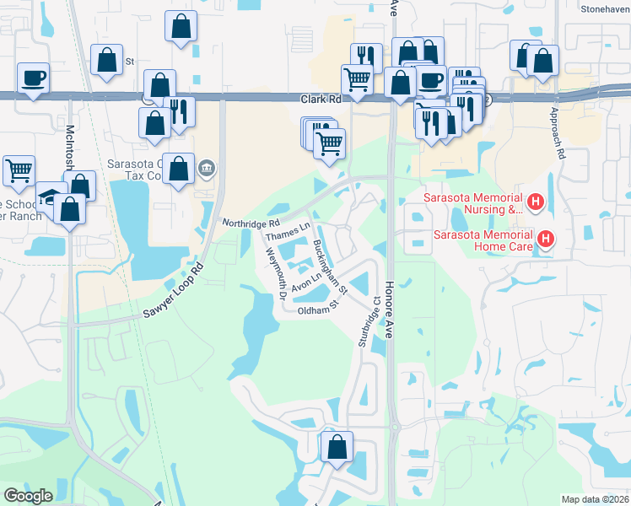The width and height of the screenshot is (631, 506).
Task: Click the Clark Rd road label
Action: tap(321, 100)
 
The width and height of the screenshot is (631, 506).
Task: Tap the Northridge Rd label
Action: tap(251, 223)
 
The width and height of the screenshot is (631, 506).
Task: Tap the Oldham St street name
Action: tap(316, 310)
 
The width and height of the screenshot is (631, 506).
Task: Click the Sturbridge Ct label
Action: tap(364, 322)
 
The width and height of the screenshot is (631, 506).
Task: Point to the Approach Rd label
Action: tap(558, 133)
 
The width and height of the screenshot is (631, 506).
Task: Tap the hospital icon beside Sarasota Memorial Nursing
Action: tap(534, 202)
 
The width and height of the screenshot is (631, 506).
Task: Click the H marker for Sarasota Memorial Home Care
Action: tap(546, 240)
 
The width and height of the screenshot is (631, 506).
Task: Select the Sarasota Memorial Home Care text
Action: tap(483, 240)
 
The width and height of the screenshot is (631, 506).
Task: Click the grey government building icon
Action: tap(207, 170)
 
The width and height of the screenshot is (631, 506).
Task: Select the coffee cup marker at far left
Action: tap(33, 78)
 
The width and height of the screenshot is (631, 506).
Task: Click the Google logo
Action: tap(28, 496)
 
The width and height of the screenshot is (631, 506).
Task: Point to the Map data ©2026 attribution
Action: tap(594, 498)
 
